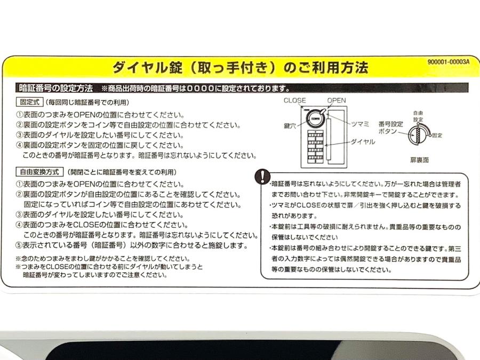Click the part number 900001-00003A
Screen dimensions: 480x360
[448, 62]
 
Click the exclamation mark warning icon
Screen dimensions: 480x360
[262, 177]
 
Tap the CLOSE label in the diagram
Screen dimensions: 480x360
[294, 100]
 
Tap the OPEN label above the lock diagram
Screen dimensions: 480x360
[337, 100]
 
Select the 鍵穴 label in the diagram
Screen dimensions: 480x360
[290, 125]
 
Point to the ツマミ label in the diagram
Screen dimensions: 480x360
[360, 124]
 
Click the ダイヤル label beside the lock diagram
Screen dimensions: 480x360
[363, 142]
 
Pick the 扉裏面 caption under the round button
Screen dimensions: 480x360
[419, 160]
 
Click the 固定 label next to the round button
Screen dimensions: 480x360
[437, 135]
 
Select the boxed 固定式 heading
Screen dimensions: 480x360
[30, 102]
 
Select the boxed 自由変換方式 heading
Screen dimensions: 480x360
[39, 172]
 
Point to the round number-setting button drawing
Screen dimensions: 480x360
[419, 135]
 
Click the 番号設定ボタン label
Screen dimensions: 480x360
[390, 127]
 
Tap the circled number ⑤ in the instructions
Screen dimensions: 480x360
[19, 245]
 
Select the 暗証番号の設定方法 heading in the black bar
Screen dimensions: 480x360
[55, 88]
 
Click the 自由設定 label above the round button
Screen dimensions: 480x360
[418, 116]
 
